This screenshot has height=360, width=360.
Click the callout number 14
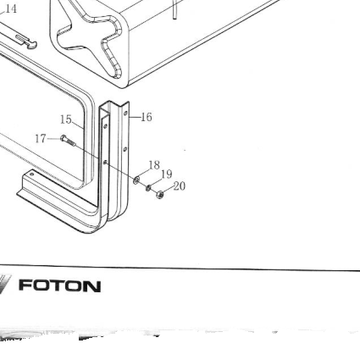point(11,8)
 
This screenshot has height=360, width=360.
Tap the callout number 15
point(66,119)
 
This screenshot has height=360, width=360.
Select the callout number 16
point(147,117)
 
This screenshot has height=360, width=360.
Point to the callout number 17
point(41,139)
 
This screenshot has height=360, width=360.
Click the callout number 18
point(154,165)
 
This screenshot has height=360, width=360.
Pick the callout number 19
point(167,174)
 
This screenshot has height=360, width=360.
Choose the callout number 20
point(180,186)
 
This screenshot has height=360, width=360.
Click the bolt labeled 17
point(68,141)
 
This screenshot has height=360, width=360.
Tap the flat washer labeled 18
point(136,180)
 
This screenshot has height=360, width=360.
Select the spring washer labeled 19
point(148,187)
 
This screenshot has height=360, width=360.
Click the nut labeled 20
point(160,195)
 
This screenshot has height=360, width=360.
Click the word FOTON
point(59,286)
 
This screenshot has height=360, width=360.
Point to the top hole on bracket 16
point(125,114)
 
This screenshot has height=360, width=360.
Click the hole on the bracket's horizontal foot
point(31,174)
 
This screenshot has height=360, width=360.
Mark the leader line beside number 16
point(135,117)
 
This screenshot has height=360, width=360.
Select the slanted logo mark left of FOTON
point(5,284)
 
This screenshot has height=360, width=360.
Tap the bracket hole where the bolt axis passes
point(105,162)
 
